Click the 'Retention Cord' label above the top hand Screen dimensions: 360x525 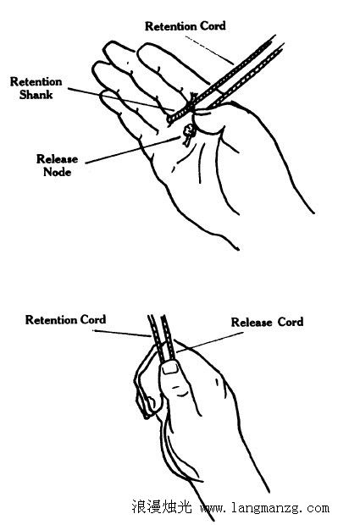click(186, 26)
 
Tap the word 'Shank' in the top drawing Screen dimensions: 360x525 click(36, 95)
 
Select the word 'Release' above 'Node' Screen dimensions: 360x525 click(57, 158)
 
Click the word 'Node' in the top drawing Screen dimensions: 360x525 click(58, 172)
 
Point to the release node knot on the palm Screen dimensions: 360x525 click(189, 133)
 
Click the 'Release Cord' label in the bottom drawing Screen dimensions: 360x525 click(267, 322)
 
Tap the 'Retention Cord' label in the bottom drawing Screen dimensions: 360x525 click(65, 320)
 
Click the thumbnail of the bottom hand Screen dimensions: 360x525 click(170, 367)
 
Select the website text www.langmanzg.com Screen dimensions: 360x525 click(264, 508)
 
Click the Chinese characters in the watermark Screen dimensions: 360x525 click(162, 507)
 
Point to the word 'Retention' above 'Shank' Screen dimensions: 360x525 click(36, 81)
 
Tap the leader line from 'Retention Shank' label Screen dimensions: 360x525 click(121, 99)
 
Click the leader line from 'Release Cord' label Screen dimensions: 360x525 click(209, 342)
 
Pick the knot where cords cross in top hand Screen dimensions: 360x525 click(191, 101)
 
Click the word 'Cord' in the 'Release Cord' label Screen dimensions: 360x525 click(291, 322)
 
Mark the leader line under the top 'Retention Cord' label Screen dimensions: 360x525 click(209, 50)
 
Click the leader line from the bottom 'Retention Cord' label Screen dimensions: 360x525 click(122, 333)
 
